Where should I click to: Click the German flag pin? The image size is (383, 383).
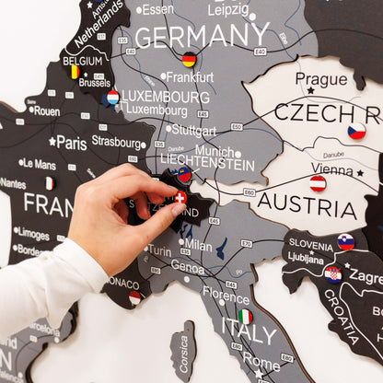pos(189,60)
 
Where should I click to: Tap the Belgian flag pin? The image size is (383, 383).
pos(72,71)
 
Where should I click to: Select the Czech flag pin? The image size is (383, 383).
pos(356,132)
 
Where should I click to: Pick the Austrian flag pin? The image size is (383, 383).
pos(318,183)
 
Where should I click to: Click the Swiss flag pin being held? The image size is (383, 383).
pos(180,197)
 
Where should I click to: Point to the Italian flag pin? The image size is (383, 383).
pos(245,316)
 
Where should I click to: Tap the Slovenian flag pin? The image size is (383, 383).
pos(345,241)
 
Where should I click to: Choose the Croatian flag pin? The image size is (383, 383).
pos(332,273)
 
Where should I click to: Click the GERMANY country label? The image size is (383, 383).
pos(202,36)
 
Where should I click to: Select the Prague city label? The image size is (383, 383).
pos(321,79)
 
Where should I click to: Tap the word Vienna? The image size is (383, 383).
pos(331,168)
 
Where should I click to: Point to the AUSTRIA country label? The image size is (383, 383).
pos(307,204)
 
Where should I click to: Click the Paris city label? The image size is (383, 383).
pos(71,143)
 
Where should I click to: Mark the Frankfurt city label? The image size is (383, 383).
pos(191,77)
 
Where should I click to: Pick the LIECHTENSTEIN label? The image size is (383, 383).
pos(207,165)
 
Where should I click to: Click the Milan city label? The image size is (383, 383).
pos(198,245)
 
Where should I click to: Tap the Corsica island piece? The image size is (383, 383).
pos(183,352)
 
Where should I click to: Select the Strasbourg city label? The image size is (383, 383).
pos(117,142)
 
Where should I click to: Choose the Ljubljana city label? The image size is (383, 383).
pos(306,259)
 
